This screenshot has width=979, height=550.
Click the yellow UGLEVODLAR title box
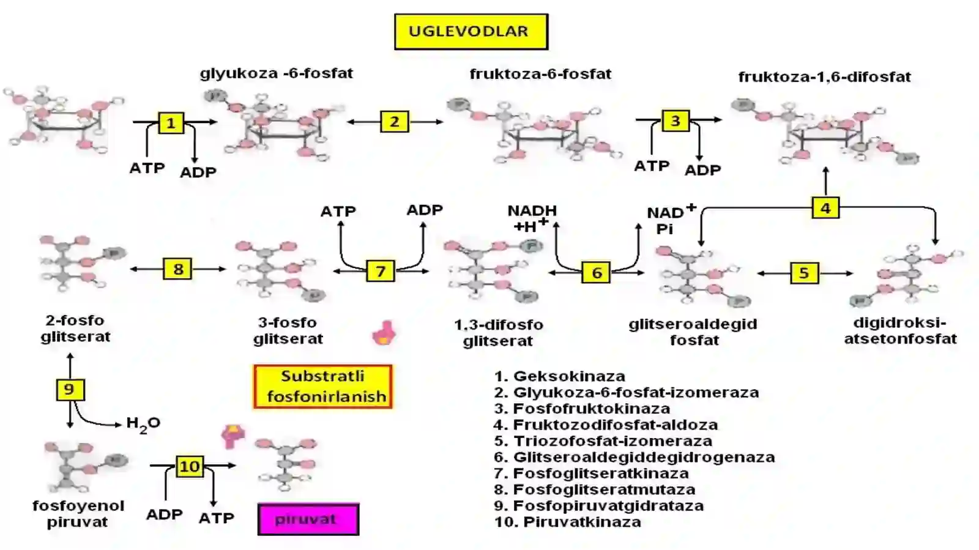(471, 31)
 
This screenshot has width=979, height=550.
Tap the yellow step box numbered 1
(171, 122)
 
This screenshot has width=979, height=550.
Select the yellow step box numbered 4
(825, 208)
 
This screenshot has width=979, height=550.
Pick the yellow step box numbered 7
(380, 271)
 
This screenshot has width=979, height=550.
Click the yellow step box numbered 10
(190, 466)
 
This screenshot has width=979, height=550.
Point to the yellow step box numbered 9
(70, 390)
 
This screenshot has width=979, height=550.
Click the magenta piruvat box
(308, 519)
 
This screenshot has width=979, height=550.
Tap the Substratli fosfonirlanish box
(323, 387)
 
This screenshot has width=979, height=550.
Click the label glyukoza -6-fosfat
(277, 73)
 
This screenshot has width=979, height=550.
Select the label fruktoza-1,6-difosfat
(825, 77)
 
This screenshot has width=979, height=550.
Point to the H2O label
(143, 424)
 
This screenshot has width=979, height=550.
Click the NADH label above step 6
(532, 211)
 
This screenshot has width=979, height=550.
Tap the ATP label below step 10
(217, 518)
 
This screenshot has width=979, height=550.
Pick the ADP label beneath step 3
(702, 170)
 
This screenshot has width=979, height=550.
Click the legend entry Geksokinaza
(560, 376)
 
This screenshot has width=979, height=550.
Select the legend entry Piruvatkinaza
(568, 522)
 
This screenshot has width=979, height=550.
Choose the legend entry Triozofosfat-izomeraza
(603, 440)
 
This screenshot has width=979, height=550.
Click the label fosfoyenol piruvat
(78, 514)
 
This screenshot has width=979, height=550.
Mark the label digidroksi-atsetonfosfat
(900, 331)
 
